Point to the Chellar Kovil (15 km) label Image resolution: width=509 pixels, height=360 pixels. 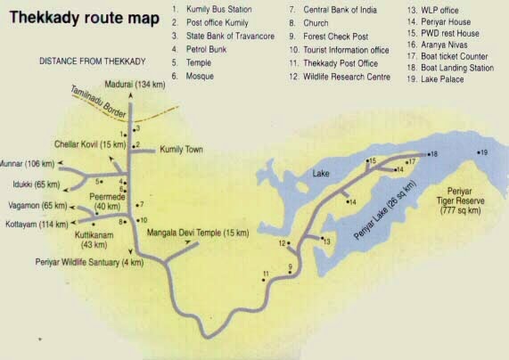pos(89,144)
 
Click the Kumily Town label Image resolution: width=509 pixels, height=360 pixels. pos(182,149)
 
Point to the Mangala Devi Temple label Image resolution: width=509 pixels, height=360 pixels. pos(197,233)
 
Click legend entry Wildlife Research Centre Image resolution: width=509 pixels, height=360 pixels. pos(341,77)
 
